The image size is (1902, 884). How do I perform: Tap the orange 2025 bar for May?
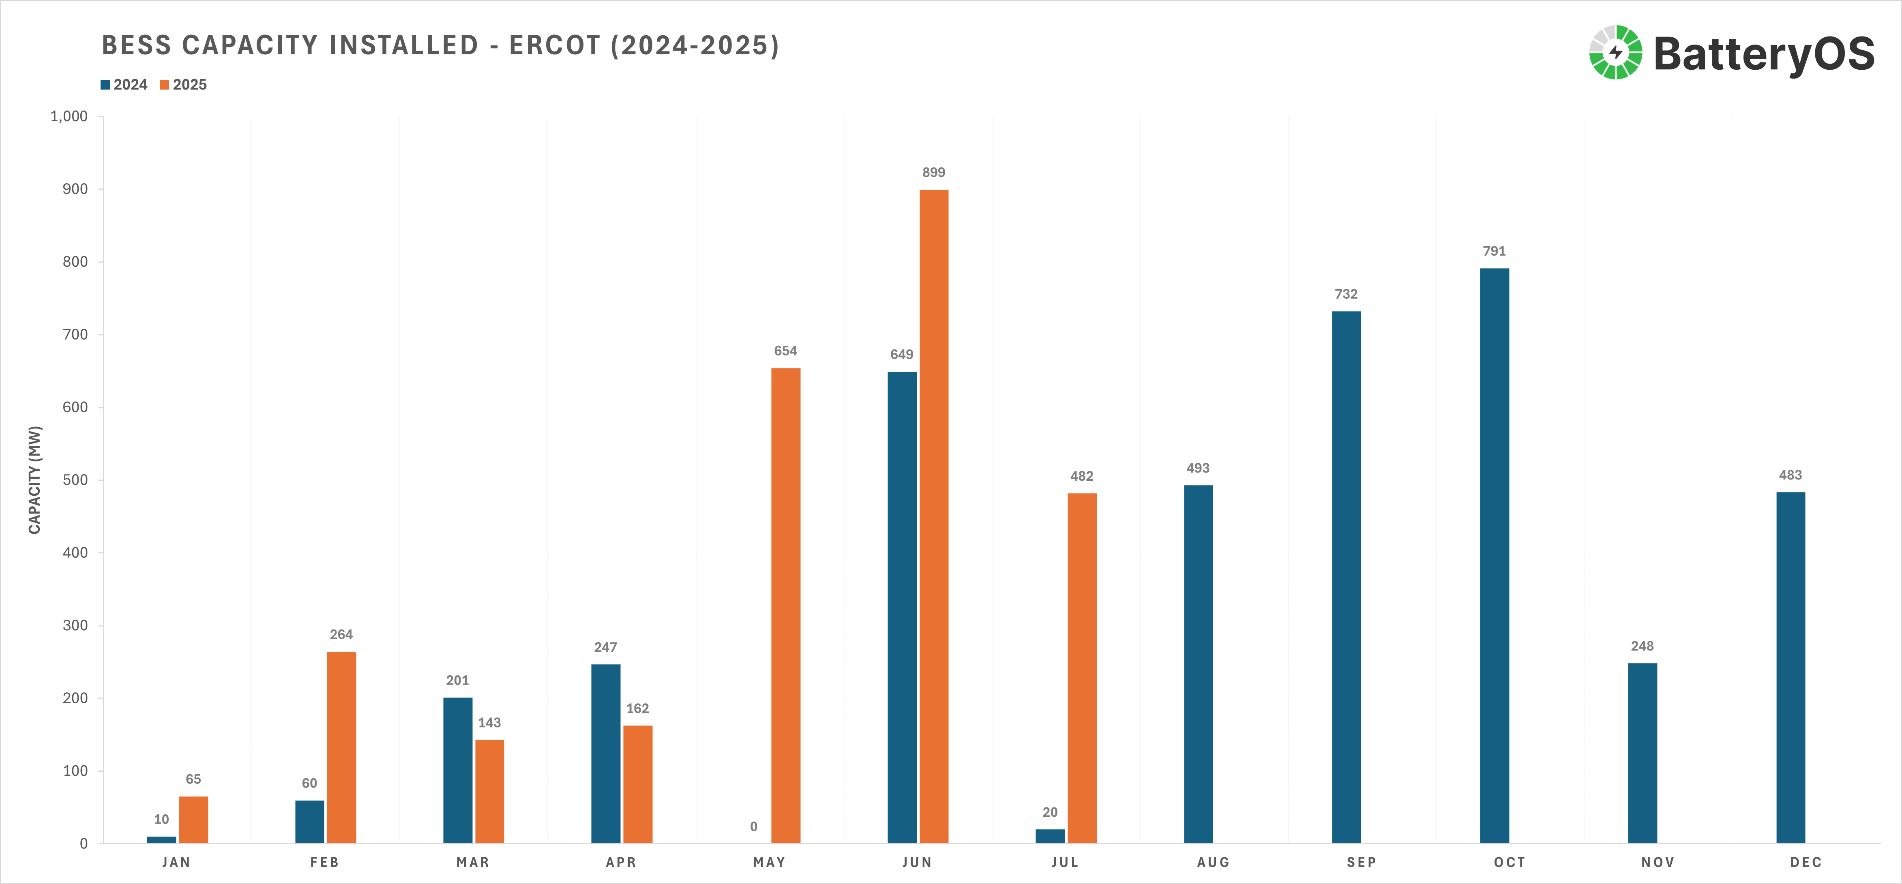786,605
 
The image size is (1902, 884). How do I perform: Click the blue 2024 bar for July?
1050,836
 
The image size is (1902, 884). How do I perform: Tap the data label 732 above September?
1346,294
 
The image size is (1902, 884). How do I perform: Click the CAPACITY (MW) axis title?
35,479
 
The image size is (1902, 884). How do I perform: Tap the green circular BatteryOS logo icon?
1615,52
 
